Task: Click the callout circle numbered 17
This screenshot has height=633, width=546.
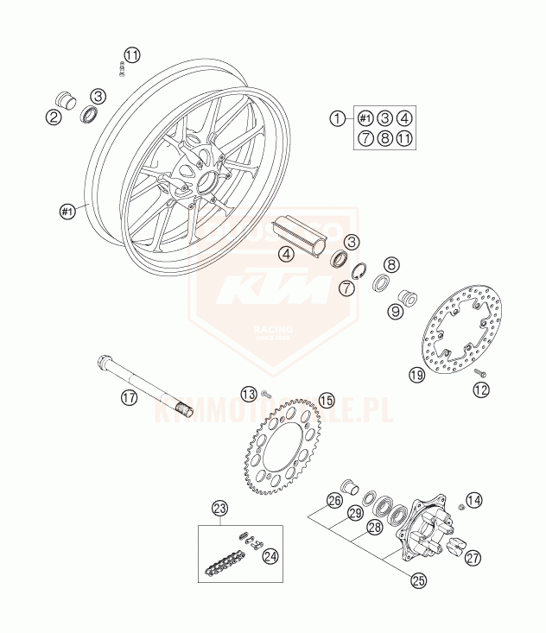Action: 129,398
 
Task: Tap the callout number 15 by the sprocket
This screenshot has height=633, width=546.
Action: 326,400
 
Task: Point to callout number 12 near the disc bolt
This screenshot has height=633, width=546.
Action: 481,389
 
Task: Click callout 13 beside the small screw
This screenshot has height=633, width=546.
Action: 249,394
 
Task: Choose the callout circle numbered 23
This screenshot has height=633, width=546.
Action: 219,508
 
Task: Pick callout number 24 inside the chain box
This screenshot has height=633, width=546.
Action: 271,556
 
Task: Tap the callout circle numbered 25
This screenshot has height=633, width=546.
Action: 419,581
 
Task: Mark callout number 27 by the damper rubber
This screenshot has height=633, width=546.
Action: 473,558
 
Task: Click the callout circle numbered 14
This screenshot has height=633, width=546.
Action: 474,501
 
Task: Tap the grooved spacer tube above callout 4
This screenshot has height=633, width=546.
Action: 299,234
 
